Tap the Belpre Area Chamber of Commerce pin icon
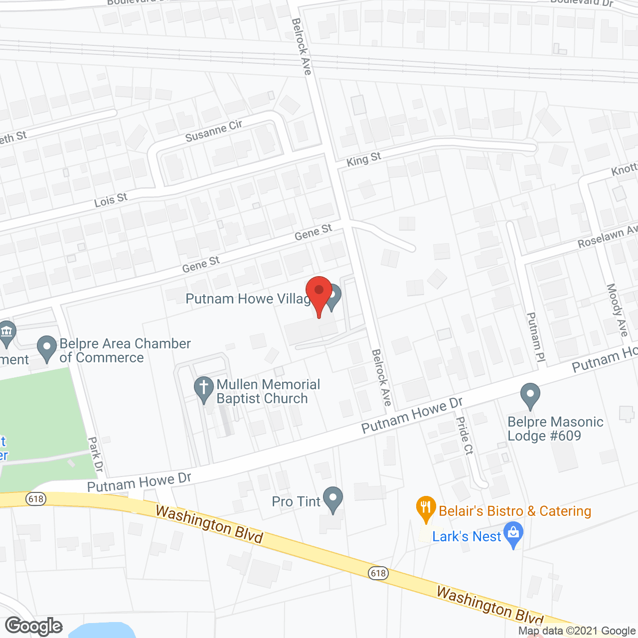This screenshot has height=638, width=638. point(47,348)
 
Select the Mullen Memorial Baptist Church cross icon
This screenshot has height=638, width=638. point(203,389)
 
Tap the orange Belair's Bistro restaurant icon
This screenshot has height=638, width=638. point(426,508)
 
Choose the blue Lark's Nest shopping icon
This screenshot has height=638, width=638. point(513,534)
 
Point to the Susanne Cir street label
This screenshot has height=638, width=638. point(213,131)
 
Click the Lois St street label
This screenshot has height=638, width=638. point(111,200)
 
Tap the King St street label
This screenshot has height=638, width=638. point(364,160)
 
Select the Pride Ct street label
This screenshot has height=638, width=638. point(465,436)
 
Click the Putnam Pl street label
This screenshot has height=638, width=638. point(536,337)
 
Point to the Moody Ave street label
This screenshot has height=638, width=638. point(617,310)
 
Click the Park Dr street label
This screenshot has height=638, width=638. point(95,454)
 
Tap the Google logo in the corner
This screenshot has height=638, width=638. point(34,626)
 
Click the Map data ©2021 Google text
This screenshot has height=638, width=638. point(577,631)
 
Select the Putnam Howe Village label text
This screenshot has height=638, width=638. point(248,299)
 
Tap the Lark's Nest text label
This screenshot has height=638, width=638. point(466,537)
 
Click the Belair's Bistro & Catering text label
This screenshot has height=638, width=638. point(515,511)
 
